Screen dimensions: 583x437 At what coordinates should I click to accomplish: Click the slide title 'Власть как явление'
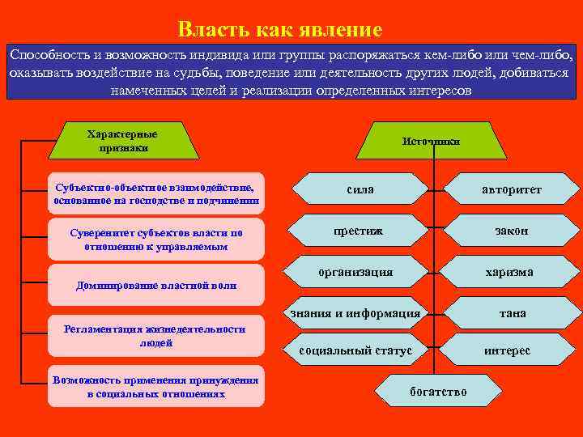tap(279, 31)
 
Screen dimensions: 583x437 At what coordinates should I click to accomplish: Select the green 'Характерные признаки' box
tap(122, 141)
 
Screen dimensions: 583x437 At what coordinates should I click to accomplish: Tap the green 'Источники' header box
tap(430, 141)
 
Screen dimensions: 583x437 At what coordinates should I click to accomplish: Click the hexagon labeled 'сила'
tap(360, 189)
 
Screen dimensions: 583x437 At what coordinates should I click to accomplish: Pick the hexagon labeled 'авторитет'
tap(512, 189)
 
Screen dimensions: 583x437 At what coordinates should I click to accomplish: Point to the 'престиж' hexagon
tap(360, 231)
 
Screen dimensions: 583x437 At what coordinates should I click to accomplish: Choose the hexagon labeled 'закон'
tap(512, 231)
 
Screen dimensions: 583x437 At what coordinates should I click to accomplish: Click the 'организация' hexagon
tap(356, 273)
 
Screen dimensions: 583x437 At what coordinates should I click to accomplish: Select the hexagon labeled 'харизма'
tap(509, 273)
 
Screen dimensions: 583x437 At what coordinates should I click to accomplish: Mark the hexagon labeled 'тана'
tap(512, 313)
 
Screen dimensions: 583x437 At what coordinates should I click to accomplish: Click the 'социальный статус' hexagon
tap(356, 351)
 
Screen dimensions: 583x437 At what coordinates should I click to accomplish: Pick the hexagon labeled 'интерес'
tap(508, 351)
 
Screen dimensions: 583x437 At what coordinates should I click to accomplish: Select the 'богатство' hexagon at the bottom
tap(438, 392)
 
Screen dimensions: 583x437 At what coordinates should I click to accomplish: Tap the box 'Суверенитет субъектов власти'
tap(156, 240)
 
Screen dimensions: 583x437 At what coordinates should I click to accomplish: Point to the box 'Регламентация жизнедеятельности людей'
tap(156, 336)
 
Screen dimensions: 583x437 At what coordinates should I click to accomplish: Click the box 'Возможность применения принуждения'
tap(156, 387)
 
